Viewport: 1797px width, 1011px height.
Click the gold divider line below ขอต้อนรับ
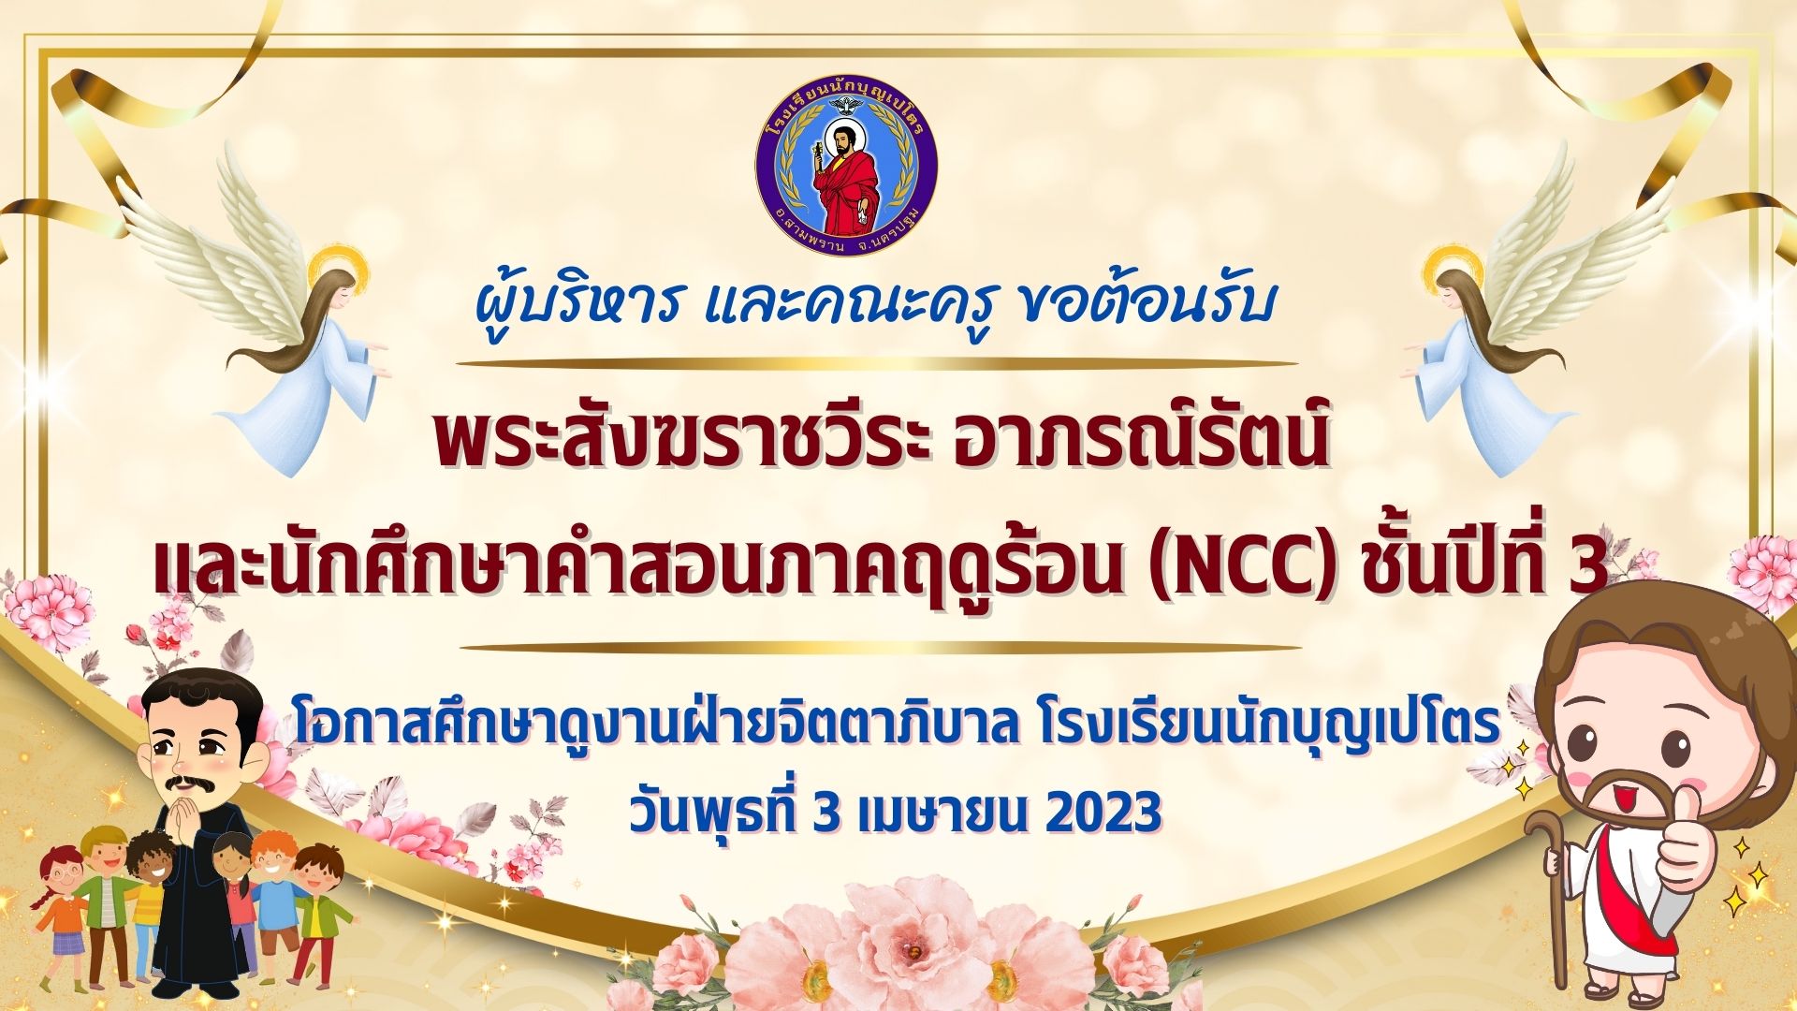pos(879,363)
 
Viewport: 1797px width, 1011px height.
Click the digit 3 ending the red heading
pos(1589,568)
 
